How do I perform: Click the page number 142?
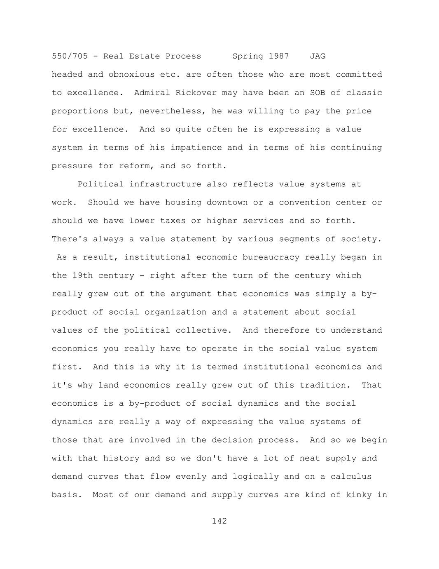tap(219, 521)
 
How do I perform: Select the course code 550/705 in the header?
tap(70, 56)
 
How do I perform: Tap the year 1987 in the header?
tap(279, 56)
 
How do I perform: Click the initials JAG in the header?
tap(318, 56)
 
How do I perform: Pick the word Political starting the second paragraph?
tap(100, 184)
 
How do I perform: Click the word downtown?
tap(227, 202)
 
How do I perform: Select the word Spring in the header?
tap(248, 56)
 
